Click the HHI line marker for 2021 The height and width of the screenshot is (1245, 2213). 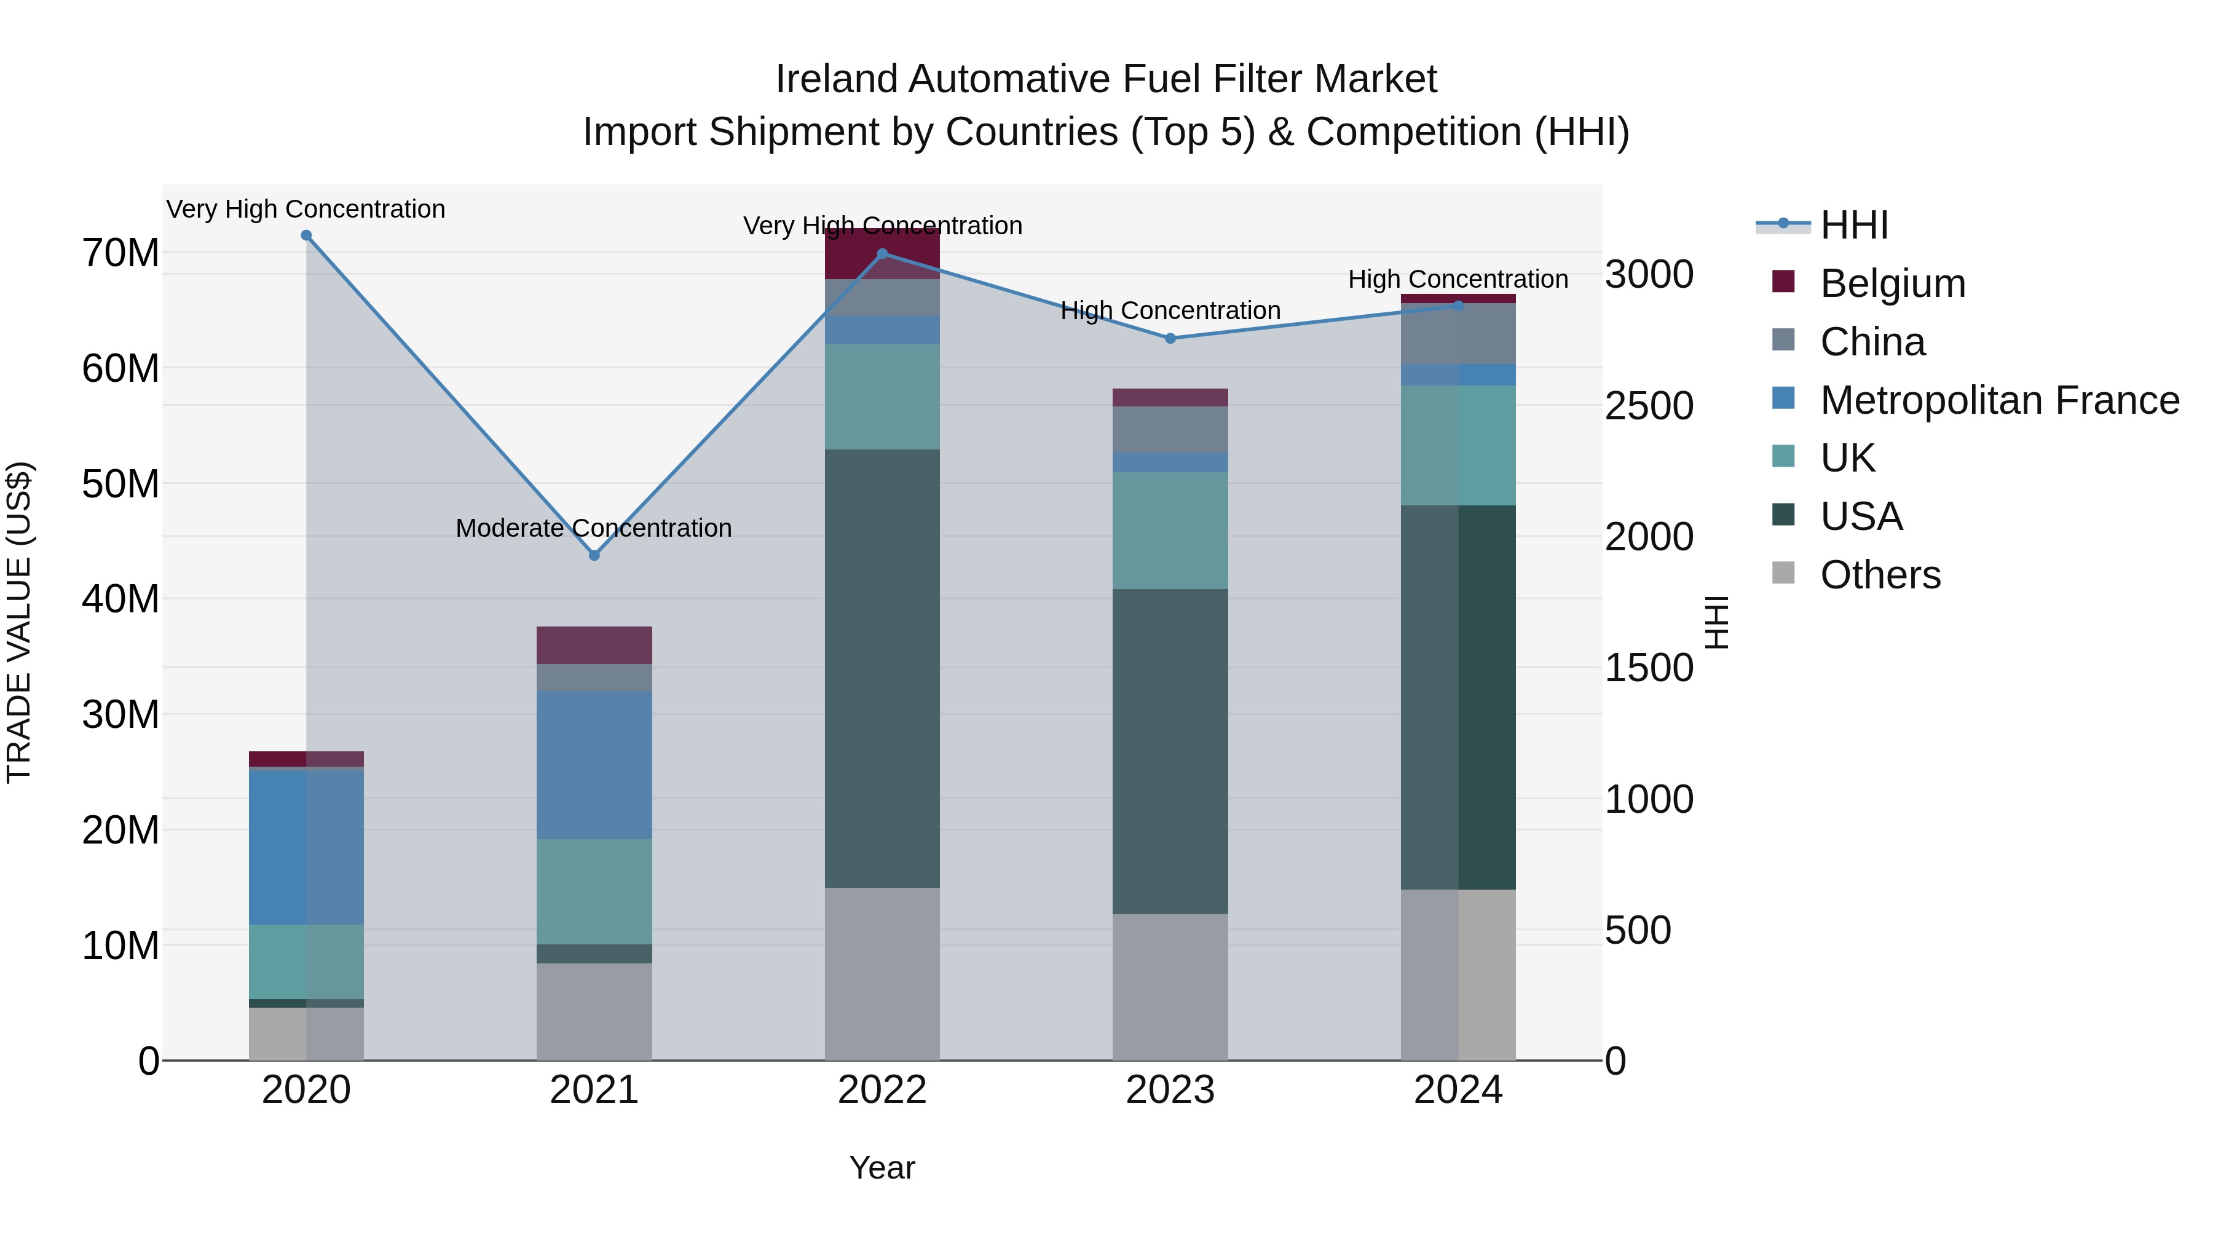coord(594,555)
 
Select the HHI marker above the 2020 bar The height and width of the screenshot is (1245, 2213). coord(306,235)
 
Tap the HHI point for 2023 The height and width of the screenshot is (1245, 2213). coord(1170,339)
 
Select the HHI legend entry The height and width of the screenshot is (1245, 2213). coord(1853,225)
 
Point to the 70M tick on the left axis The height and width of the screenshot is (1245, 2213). coord(120,253)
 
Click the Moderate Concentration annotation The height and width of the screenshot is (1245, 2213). coord(594,528)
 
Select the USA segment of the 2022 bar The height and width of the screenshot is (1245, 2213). coord(882,668)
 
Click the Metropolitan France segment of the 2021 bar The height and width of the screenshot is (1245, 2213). coord(594,765)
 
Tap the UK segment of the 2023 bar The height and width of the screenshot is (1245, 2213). coord(1170,530)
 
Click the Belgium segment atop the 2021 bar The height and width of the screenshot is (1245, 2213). coord(594,646)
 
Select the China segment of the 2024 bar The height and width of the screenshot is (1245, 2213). coord(1458,334)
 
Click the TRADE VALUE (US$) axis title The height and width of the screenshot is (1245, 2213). coord(19,622)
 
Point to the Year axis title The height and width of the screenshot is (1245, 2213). coord(882,1168)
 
